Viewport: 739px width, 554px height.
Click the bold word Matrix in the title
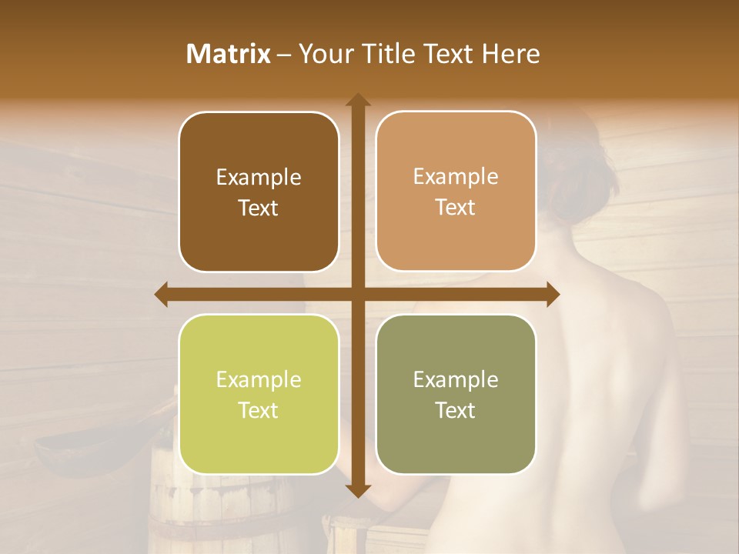229,54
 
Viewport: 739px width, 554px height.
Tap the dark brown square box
259,192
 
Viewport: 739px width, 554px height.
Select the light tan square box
456,192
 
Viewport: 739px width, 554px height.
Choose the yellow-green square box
259,394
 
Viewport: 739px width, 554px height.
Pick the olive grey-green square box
456,394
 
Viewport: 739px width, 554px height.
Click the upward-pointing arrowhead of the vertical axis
357,100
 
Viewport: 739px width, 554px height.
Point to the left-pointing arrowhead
162,294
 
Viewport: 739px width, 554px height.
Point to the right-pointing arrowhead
553,294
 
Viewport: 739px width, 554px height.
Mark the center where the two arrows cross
357,294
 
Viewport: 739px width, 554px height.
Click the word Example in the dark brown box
259,178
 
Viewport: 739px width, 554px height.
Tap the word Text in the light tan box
456,208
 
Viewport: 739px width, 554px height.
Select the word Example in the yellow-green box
259,379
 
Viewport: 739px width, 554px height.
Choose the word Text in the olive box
456,410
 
